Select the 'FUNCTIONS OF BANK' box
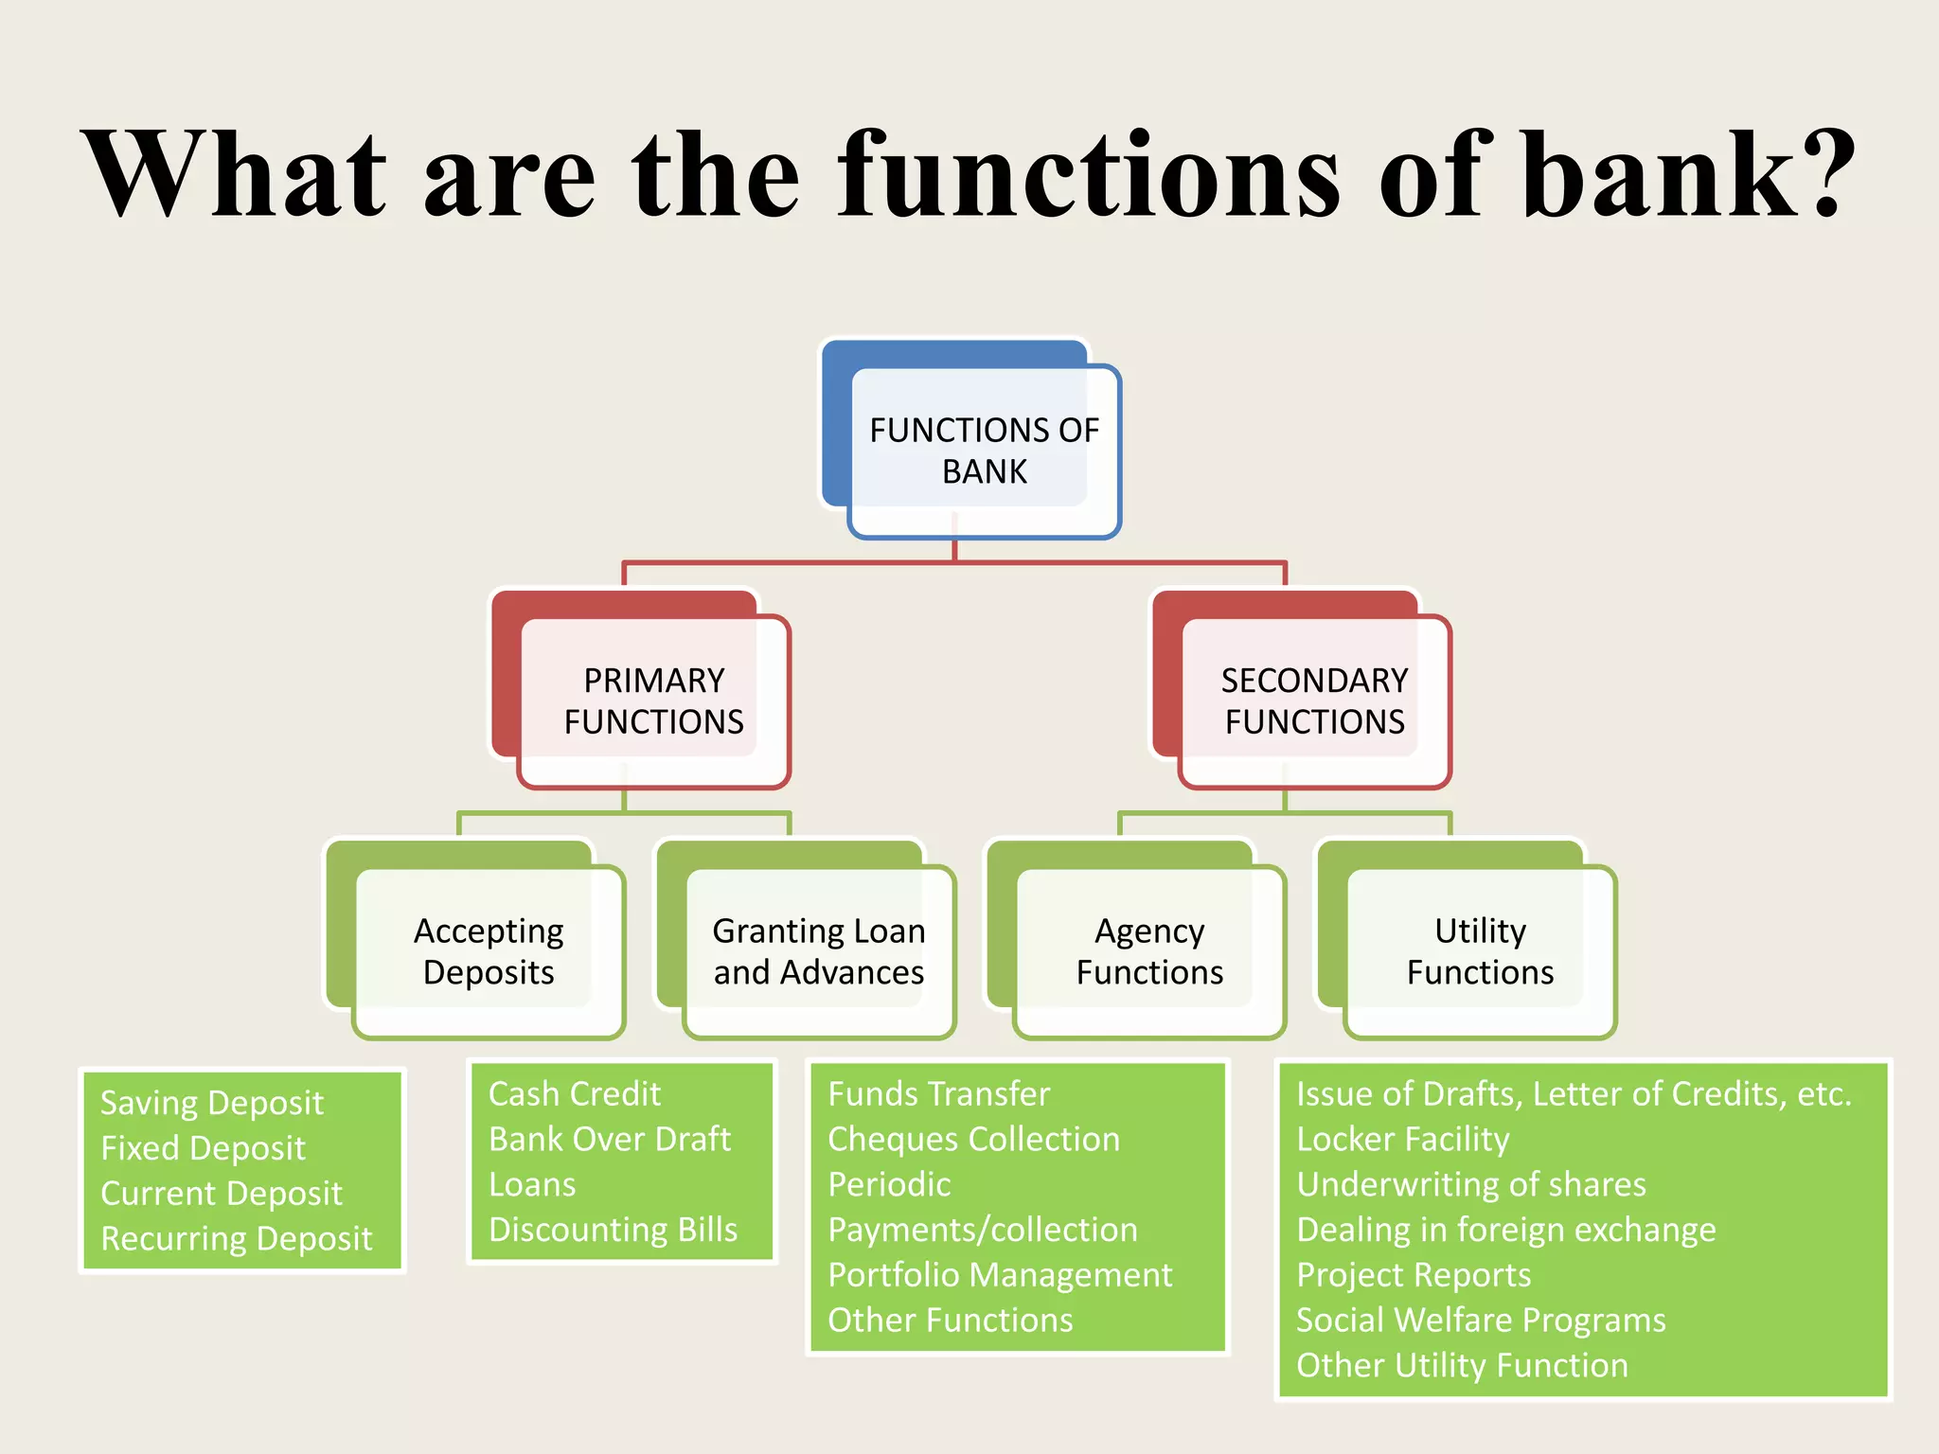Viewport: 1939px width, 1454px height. pos(984,451)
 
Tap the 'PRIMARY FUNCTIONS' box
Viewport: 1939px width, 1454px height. pos(653,700)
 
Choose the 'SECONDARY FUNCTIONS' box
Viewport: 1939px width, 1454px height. pos(1314,700)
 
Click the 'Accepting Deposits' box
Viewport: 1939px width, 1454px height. pos(489,951)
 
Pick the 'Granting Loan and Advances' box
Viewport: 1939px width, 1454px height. pos(819,951)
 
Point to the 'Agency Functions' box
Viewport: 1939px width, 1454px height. pos(1149,951)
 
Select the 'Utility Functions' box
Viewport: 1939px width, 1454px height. pos(1480,951)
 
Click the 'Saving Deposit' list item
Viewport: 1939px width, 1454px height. pos(212,1103)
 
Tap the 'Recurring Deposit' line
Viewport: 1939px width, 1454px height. pos(237,1238)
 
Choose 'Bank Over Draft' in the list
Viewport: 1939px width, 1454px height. pos(610,1139)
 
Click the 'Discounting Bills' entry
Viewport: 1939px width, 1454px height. pos(613,1230)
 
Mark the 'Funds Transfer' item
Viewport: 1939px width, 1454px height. pos(938,1094)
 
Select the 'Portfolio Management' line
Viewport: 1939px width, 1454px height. pos(1000,1275)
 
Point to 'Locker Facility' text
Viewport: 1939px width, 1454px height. pos(1402,1139)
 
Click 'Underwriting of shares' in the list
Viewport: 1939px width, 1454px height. pos(1470,1184)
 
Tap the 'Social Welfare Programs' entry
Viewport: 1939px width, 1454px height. pos(1481,1320)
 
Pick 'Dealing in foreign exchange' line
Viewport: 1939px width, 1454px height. pos(1505,1230)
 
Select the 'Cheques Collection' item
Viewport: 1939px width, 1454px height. pos(973,1139)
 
